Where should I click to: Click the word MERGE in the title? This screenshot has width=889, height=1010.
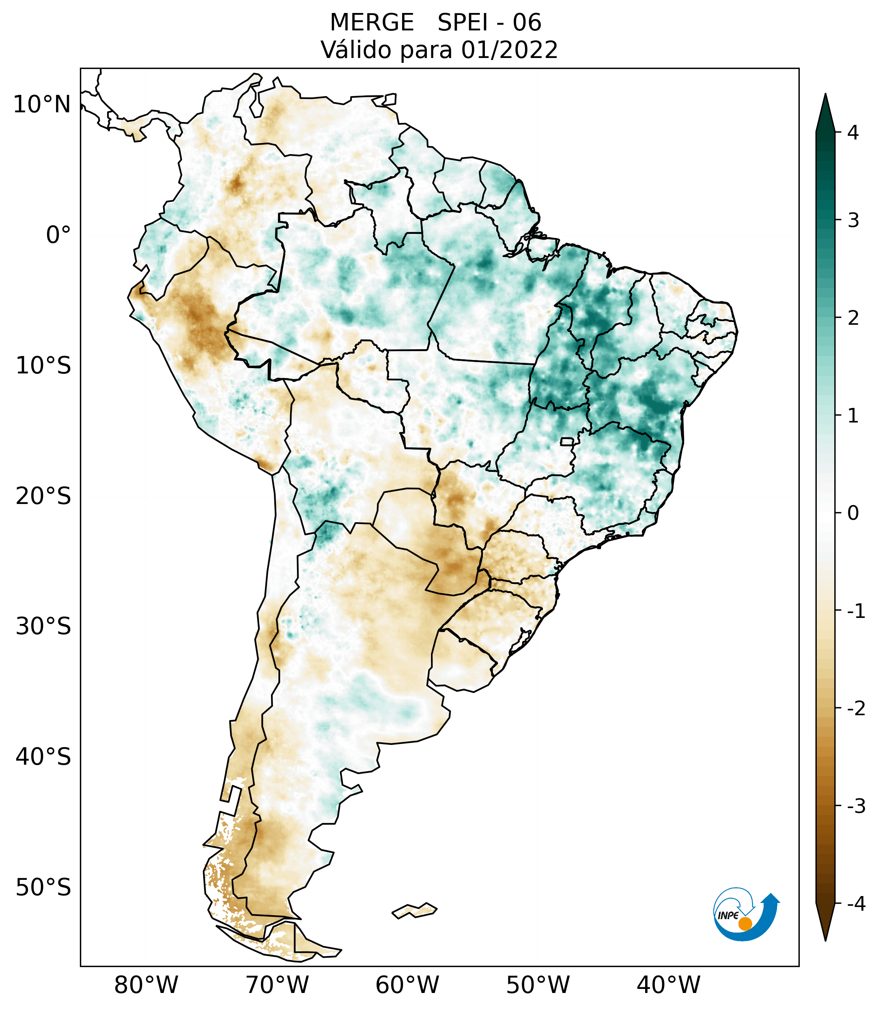pyautogui.click(x=371, y=23)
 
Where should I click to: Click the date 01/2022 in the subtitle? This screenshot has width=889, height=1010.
pyautogui.click(x=509, y=50)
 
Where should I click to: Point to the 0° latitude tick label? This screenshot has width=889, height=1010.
pyautogui.click(x=58, y=235)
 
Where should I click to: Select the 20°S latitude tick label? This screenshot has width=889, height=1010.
pyautogui.click(x=43, y=497)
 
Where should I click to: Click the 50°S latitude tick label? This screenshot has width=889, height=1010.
pyautogui.click(x=43, y=888)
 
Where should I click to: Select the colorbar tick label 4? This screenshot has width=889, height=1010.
pyautogui.click(x=853, y=133)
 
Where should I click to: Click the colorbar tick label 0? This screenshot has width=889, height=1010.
pyautogui.click(x=853, y=513)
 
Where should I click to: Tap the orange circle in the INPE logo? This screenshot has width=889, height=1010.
pyautogui.click(x=745, y=924)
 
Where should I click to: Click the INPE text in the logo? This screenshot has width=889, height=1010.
pyautogui.click(x=728, y=915)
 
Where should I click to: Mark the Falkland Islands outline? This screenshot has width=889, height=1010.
pyautogui.click(x=414, y=910)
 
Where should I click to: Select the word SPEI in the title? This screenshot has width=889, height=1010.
pyautogui.click(x=462, y=23)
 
